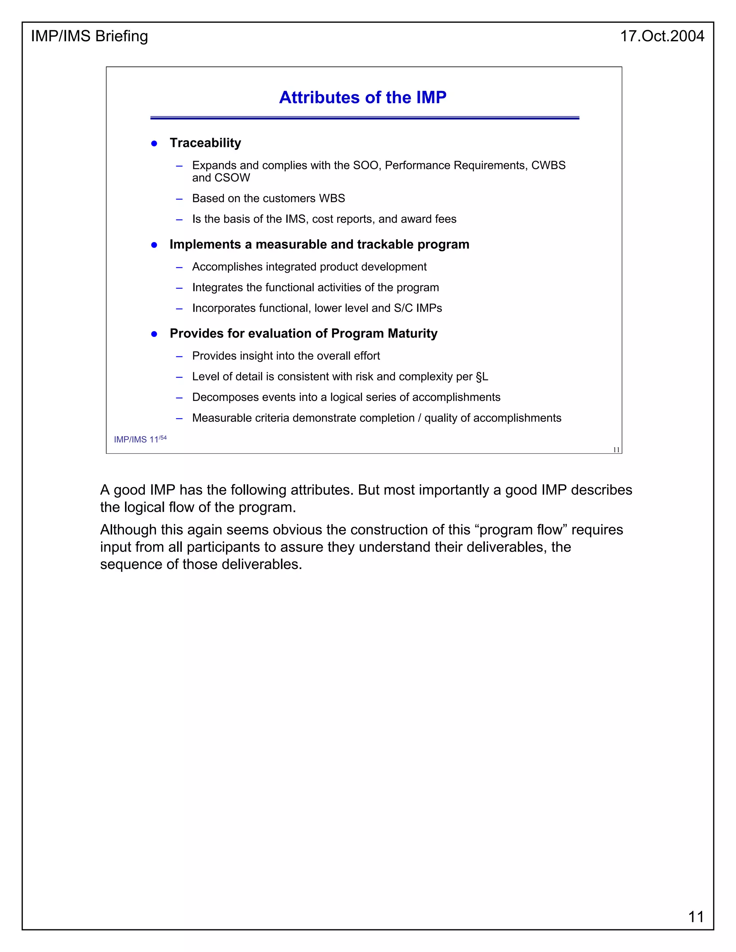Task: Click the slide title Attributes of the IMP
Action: coord(362,97)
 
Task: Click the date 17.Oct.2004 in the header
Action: coord(662,36)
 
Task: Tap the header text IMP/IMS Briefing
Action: coord(89,36)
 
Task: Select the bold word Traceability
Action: coord(205,143)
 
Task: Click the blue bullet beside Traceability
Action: coord(154,143)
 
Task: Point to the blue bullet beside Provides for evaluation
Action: coord(154,334)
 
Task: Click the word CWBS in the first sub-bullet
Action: coord(548,165)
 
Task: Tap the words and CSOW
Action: coord(221,178)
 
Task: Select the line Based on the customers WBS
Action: coord(268,198)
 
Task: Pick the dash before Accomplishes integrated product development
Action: coord(179,267)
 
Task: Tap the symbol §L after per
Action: coord(482,376)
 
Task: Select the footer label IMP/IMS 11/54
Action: coord(140,439)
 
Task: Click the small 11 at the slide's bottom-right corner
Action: coord(616,450)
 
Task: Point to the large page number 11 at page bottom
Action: coord(696,917)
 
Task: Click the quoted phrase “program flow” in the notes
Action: coord(520,530)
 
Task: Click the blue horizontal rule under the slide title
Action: coord(364,118)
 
